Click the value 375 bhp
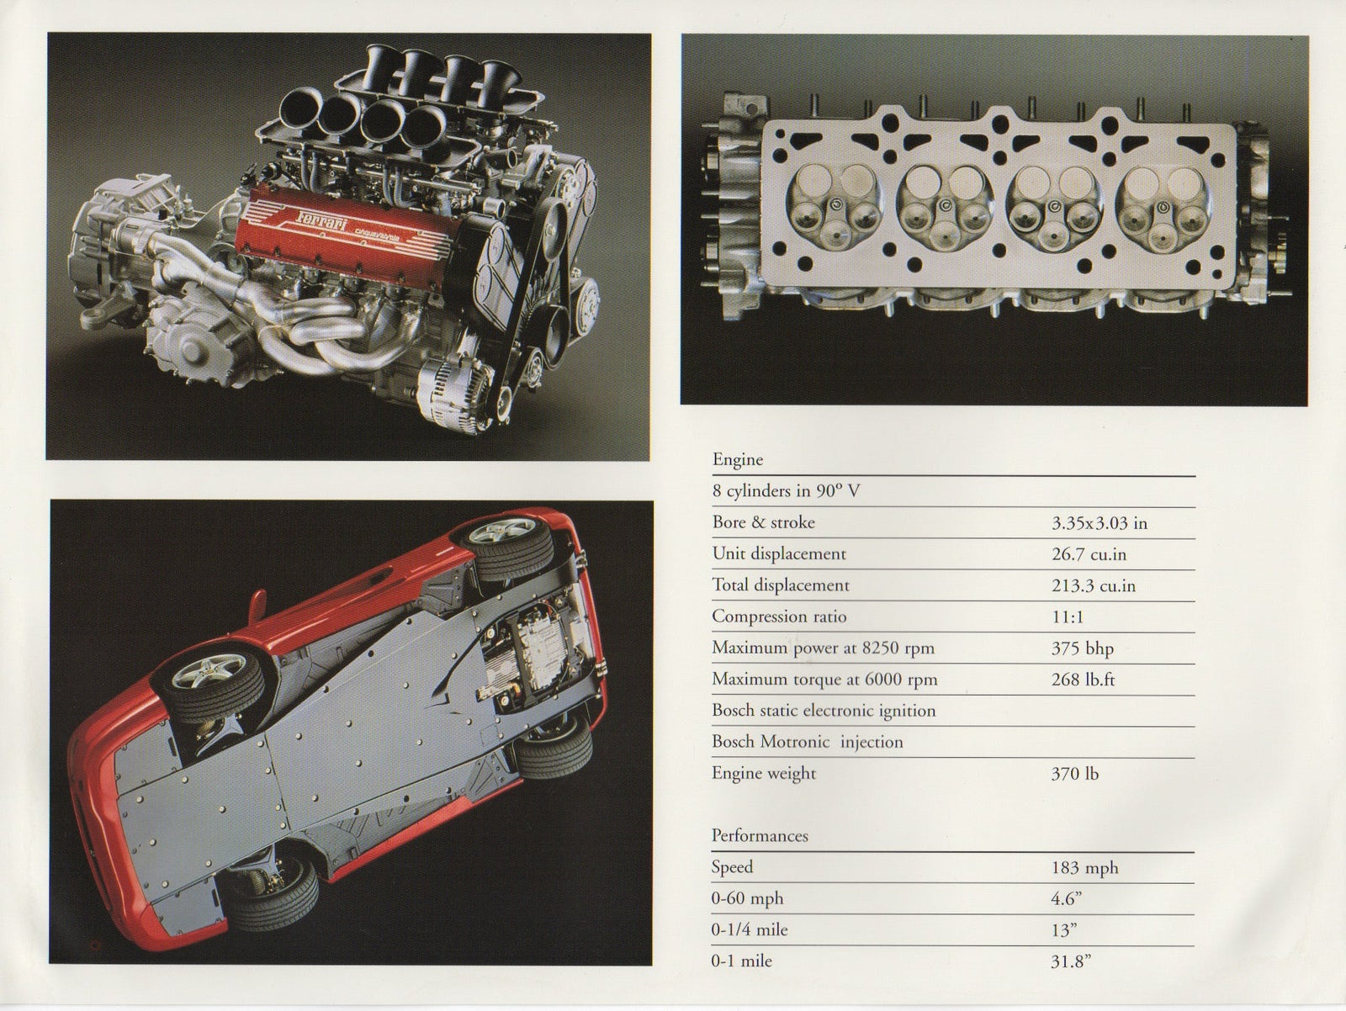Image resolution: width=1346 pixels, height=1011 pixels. click(x=1082, y=648)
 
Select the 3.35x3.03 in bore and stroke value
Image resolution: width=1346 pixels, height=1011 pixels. click(x=1099, y=523)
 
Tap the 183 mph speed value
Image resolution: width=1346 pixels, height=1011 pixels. click(x=1084, y=867)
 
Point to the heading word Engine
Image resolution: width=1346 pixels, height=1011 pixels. click(x=738, y=459)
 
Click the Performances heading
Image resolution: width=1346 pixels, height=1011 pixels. click(x=760, y=835)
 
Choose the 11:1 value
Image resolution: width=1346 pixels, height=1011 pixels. click(x=1067, y=617)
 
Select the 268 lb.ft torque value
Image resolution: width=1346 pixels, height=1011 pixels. click(x=1083, y=680)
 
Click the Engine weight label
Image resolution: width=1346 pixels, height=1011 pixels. click(x=764, y=773)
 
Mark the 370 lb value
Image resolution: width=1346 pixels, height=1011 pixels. click(x=1074, y=774)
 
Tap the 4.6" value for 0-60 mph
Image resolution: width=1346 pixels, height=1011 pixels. click(x=1066, y=898)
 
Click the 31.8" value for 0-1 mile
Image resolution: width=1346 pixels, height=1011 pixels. click(x=1071, y=961)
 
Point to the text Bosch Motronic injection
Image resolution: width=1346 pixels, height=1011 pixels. click(x=807, y=742)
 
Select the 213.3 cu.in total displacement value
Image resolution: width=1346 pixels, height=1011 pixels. click(x=1093, y=585)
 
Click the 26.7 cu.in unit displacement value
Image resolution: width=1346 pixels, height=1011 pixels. click(x=1089, y=554)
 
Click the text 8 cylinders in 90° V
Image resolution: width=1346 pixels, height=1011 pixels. click(x=786, y=491)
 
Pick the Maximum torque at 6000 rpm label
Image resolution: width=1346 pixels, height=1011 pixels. click(x=824, y=680)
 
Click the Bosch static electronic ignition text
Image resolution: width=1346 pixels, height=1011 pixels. click(x=823, y=711)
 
